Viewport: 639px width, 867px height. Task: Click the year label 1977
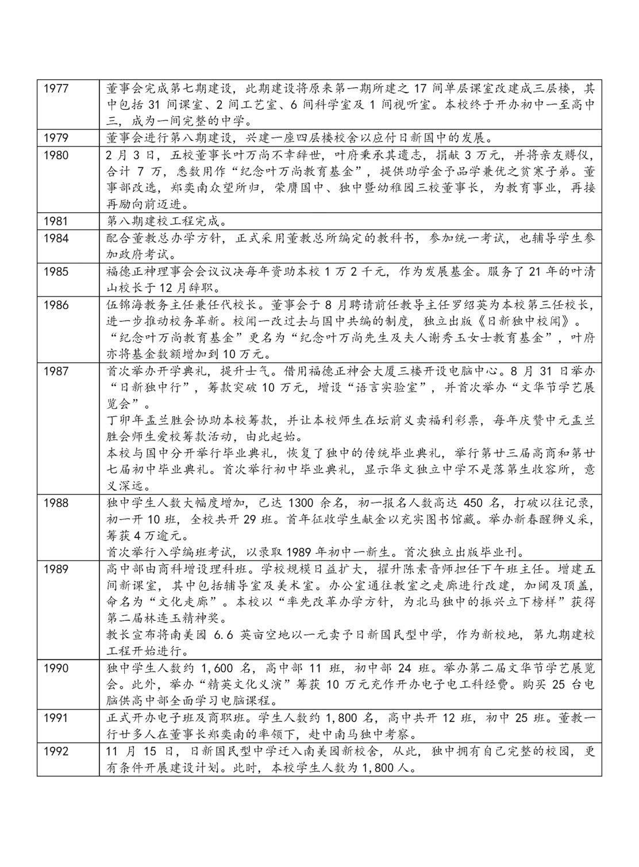click(x=56, y=89)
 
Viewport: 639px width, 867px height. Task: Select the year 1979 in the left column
click(x=56, y=139)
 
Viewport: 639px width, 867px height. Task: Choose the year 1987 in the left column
click(x=56, y=371)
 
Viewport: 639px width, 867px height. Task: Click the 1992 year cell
click(x=56, y=751)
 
